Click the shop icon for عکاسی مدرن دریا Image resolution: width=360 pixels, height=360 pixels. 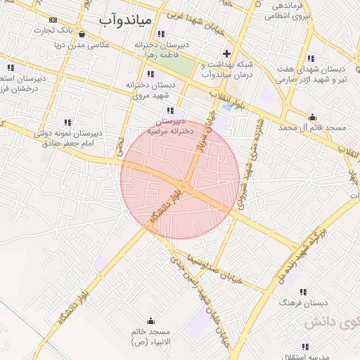83,33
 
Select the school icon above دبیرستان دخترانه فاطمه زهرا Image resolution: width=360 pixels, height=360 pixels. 162,33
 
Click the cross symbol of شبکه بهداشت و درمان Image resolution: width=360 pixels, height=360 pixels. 226,53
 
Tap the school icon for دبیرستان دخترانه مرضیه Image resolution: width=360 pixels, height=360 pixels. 170,110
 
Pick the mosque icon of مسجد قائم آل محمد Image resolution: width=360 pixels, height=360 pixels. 312,117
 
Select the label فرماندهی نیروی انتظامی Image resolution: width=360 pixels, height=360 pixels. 284,11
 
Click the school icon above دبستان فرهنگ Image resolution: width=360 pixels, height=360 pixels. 304,292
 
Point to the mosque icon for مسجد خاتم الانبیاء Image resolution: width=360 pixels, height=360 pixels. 150,320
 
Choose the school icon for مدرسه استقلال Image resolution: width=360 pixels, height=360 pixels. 305,346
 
